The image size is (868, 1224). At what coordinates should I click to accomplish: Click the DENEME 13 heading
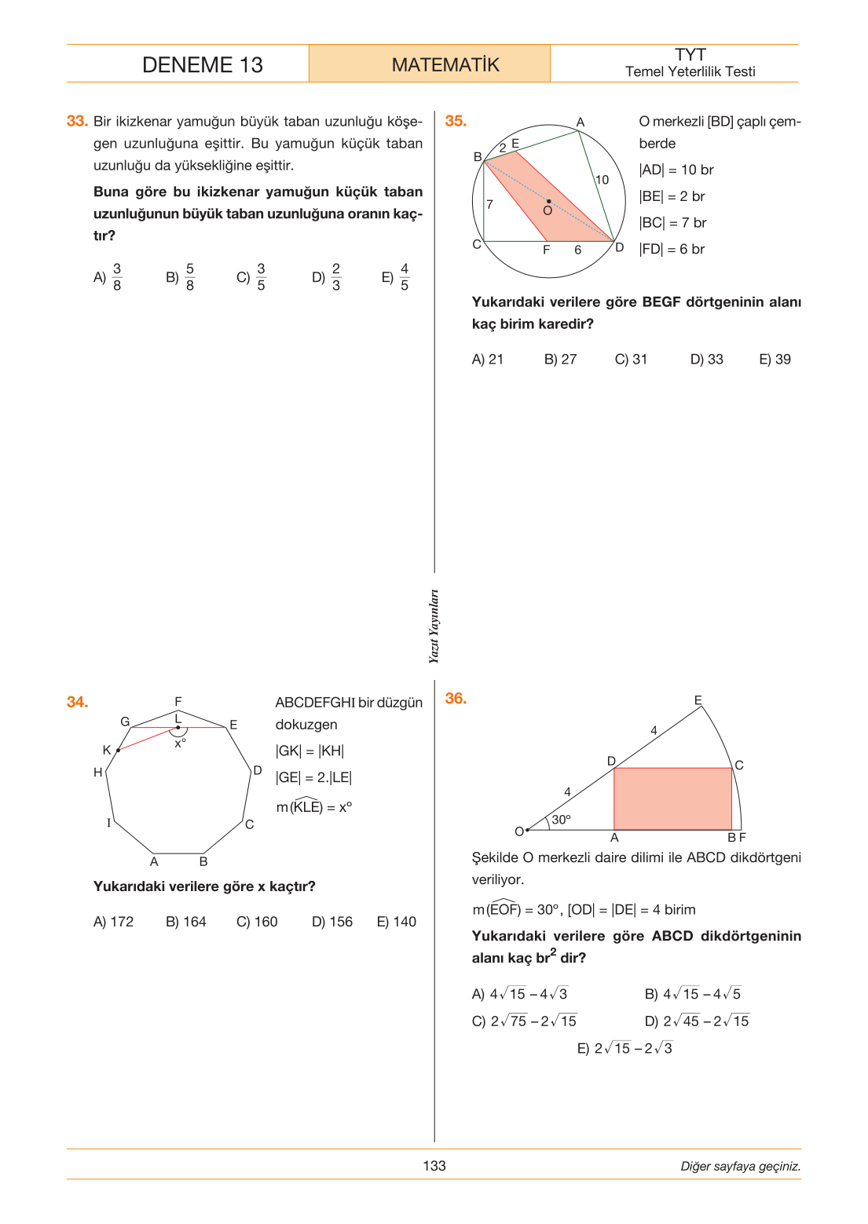[202, 64]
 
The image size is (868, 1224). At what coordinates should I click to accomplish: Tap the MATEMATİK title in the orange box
[445, 64]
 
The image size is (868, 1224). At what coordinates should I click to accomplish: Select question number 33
[77, 121]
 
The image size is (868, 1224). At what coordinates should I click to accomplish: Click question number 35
[456, 121]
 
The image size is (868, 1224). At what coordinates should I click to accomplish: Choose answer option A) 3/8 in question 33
[108, 277]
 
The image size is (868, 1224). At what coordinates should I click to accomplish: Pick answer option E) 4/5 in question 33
[395, 277]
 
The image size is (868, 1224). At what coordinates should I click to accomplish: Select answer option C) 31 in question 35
[631, 359]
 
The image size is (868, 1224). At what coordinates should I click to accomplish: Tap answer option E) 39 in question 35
[775, 359]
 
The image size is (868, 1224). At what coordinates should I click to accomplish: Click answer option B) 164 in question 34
[186, 921]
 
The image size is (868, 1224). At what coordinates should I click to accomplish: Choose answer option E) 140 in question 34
[396, 921]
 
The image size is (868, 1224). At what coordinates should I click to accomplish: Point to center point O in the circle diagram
[549, 202]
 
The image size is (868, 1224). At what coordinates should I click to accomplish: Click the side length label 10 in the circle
[602, 180]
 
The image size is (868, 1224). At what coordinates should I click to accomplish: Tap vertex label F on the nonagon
[178, 701]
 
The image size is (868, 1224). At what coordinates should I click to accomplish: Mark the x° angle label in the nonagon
[180, 744]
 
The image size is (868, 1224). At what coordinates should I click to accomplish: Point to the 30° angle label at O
[561, 819]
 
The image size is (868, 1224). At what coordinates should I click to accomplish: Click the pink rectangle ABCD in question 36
[673, 798]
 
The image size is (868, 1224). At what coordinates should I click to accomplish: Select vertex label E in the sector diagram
[698, 700]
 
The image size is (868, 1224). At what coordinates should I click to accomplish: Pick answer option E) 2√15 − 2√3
[624, 1047]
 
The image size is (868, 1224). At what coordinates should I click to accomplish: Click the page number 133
[434, 1166]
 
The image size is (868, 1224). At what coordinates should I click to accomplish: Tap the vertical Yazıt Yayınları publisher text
[434, 627]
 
